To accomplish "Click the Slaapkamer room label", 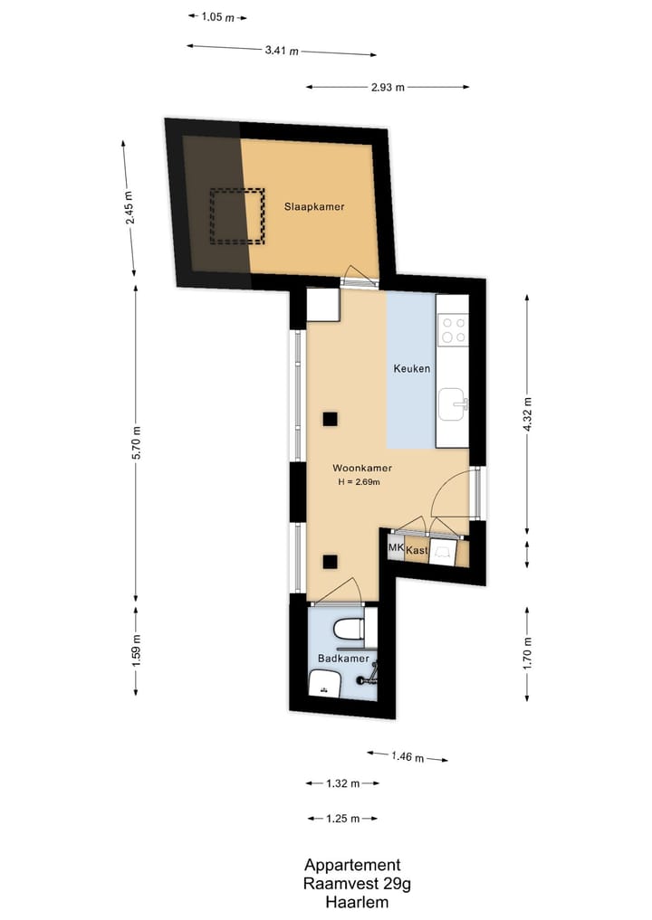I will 314,206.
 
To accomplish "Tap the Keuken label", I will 411,369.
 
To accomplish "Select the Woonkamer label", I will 361,468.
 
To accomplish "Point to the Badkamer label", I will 342,659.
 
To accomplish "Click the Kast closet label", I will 417,550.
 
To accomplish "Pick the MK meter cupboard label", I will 395,549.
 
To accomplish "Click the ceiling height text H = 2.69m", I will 359,482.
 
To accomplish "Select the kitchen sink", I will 452,404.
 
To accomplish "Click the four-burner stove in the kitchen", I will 453,329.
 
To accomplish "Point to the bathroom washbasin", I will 324,684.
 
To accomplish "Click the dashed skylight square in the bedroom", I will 237,216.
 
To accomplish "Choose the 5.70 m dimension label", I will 137,441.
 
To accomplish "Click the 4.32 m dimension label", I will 528,415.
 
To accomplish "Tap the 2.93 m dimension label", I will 388,88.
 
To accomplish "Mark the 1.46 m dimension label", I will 407,756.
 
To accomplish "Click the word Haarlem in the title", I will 352,902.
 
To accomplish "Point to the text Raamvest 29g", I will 352,884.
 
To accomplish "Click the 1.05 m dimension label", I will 217,16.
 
